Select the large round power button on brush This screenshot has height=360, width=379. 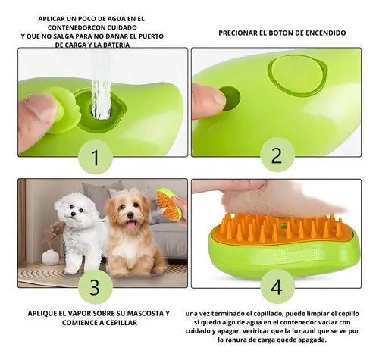tap(297, 76)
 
